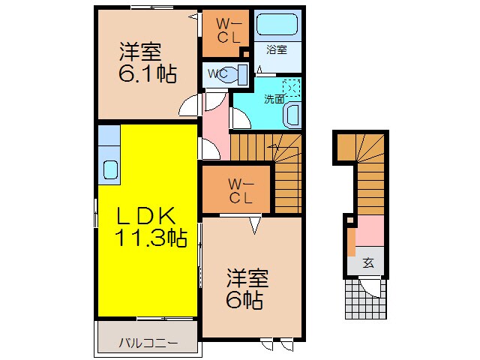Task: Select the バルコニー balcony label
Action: pos(148,343)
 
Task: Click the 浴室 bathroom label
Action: pos(277,50)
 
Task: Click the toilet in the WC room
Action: pos(239,73)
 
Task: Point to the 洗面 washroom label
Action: pos(273,98)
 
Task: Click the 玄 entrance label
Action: pos(368,262)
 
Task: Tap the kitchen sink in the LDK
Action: pos(109,170)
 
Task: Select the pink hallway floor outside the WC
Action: pos(214,124)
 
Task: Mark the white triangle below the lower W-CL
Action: pos(254,222)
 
